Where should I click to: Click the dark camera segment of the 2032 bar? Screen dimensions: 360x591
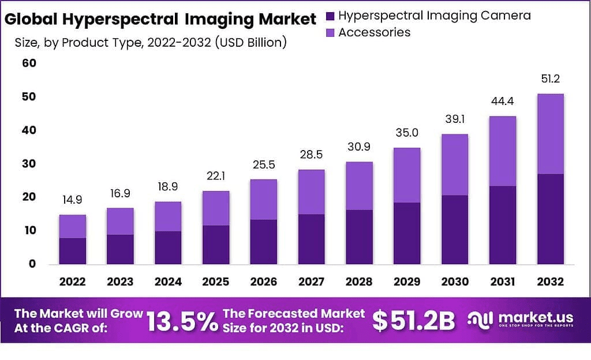550,219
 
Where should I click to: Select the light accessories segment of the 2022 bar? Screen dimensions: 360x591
72,226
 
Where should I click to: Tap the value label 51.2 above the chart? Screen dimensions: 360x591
550,78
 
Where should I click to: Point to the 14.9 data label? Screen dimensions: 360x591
72,200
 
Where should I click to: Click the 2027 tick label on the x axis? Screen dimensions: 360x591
311,282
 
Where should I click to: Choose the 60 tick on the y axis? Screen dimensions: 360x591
29,63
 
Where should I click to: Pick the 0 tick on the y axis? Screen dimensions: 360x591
32,264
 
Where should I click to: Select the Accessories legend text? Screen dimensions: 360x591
375,32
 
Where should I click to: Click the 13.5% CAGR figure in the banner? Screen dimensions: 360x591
182,321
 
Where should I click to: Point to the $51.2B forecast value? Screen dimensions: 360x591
413,321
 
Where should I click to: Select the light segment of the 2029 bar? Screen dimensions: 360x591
407,175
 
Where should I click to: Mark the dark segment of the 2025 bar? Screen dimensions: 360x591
216,245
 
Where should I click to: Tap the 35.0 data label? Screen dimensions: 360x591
407,133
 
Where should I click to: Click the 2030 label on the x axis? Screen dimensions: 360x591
454,282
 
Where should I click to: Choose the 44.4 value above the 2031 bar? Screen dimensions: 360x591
502,102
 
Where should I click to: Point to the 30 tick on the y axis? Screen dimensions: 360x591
29,163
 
